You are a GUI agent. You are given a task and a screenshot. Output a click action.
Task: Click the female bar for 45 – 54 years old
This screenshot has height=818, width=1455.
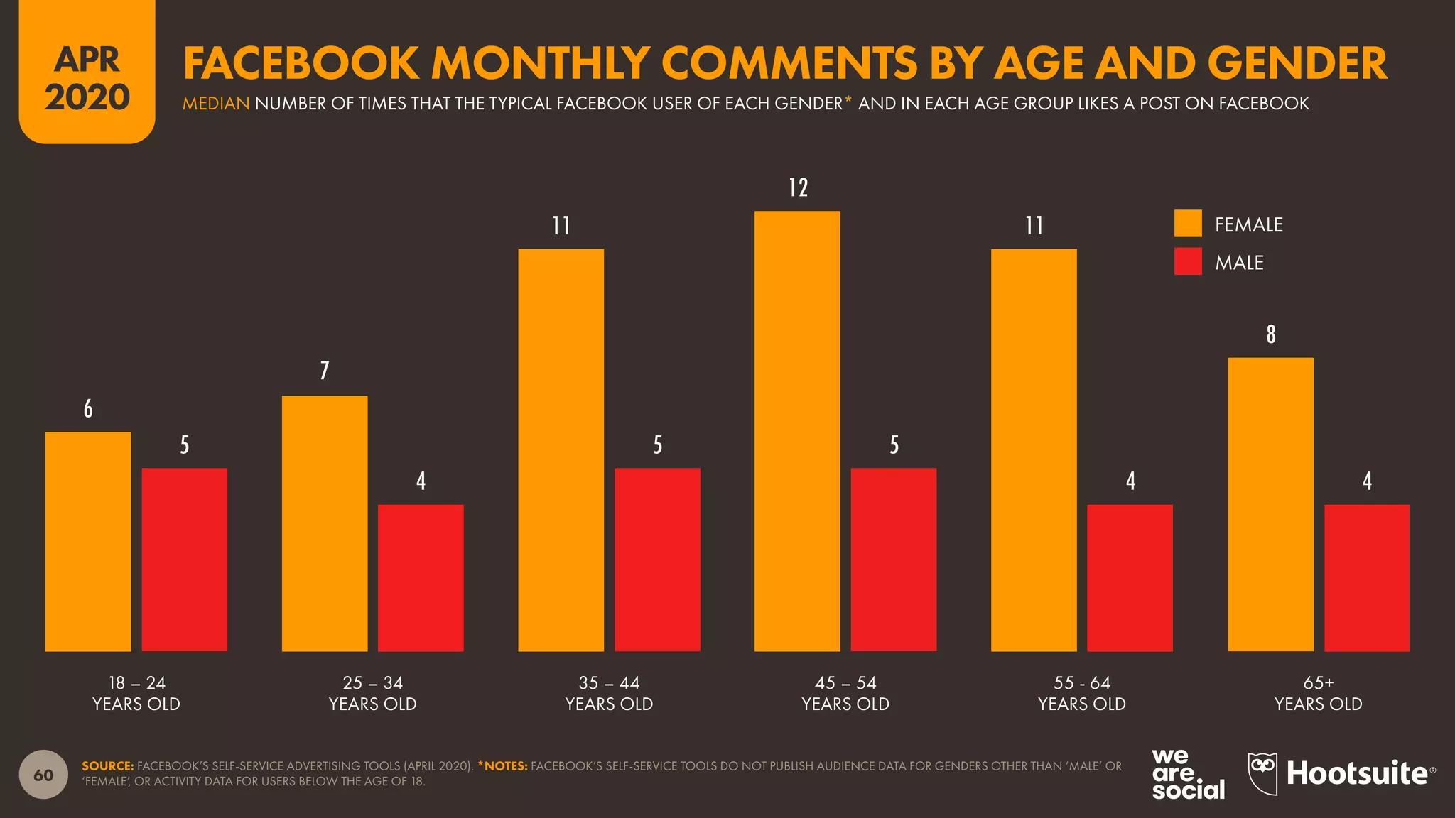click(x=797, y=431)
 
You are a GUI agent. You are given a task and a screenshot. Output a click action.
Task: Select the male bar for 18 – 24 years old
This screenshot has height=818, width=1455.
click(x=185, y=560)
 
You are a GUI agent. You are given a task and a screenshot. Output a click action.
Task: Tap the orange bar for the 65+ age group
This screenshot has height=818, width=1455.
click(x=1270, y=504)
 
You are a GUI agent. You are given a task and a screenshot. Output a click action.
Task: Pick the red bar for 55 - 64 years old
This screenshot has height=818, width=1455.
click(x=1130, y=577)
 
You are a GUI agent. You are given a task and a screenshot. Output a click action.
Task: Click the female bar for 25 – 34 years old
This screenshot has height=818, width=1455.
click(x=325, y=523)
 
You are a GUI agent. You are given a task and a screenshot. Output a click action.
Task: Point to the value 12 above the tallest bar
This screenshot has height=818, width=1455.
click(x=798, y=187)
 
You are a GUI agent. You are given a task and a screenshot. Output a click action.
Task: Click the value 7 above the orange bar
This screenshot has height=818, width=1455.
click(x=325, y=370)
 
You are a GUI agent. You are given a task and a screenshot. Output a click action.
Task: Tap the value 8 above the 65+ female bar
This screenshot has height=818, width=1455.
click(x=1270, y=334)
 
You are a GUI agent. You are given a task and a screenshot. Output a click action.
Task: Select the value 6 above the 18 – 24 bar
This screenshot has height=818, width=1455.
click(x=88, y=408)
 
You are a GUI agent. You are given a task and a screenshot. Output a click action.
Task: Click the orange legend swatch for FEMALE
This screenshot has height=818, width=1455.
click(x=1188, y=224)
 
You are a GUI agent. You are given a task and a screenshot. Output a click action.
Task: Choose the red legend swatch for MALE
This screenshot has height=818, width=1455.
click(x=1188, y=261)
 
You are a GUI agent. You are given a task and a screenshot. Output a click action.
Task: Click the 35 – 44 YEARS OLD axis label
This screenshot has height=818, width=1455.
click(x=609, y=693)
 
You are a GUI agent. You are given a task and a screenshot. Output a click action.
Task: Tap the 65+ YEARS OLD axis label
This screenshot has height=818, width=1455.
click(x=1318, y=693)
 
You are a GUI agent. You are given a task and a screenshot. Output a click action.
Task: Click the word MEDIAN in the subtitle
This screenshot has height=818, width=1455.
click(x=215, y=104)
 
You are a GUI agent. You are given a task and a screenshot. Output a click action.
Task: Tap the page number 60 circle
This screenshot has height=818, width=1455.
click(x=43, y=775)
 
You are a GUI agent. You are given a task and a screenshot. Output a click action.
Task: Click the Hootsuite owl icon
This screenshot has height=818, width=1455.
click(x=1262, y=773)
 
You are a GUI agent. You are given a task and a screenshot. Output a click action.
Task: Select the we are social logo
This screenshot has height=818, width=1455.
click(x=1187, y=774)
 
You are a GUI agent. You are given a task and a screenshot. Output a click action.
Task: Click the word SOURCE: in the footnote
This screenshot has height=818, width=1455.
click(x=107, y=766)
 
